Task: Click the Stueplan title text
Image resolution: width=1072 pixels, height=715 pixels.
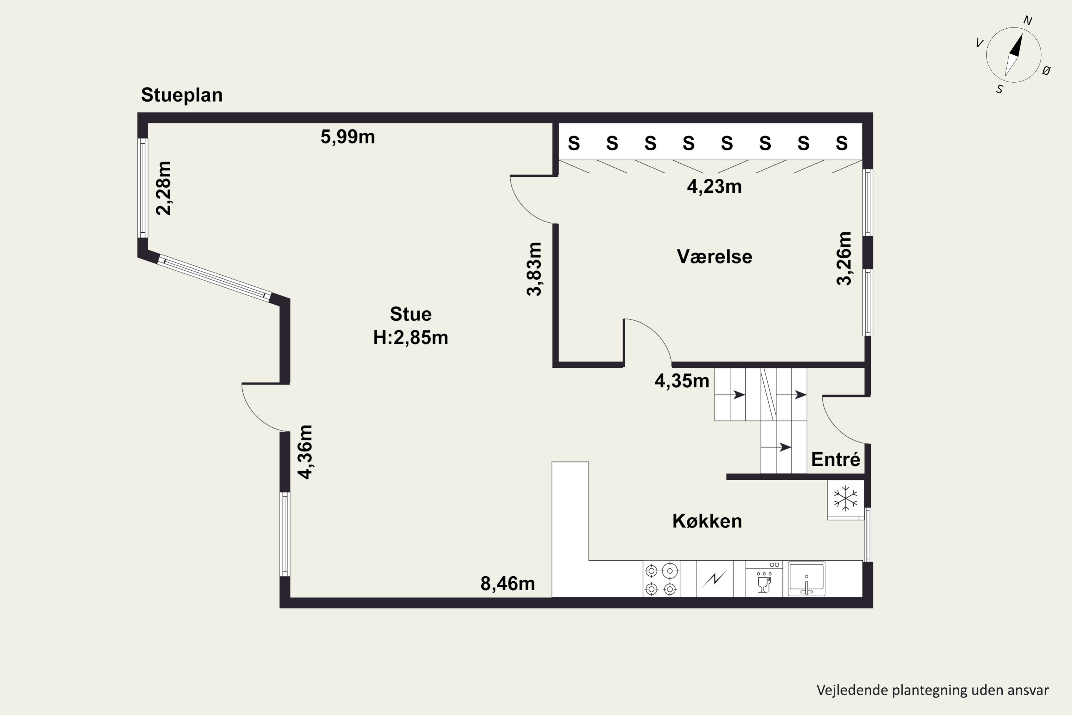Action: (182, 95)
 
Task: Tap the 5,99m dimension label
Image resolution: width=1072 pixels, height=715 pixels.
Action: (347, 137)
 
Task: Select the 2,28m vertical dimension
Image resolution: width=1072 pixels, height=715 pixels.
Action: (164, 188)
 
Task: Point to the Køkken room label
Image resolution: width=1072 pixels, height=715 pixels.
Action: (707, 521)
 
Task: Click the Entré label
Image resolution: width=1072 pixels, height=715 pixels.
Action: (835, 459)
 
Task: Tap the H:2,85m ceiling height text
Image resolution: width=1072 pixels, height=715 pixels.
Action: (410, 338)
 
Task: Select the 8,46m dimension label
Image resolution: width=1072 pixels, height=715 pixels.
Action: (507, 584)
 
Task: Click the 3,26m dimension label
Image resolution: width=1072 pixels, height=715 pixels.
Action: (844, 258)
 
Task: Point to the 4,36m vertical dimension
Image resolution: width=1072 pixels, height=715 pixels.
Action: (305, 452)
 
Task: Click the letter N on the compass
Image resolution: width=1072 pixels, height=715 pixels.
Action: (1028, 20)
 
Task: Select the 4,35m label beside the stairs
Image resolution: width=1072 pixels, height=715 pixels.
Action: (681, 381)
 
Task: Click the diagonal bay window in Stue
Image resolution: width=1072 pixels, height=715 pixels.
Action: (214, 278)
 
